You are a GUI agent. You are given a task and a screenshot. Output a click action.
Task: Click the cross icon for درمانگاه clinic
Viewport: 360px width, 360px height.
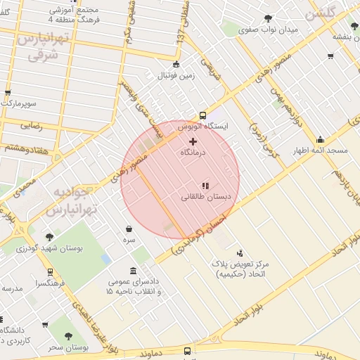193,141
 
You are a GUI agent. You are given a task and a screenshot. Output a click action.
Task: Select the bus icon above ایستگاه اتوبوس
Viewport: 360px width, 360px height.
203,115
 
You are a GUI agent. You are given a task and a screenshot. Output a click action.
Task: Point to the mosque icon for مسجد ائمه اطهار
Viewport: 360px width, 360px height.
321,139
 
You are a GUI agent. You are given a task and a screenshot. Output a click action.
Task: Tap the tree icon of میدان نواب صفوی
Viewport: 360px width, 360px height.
267,19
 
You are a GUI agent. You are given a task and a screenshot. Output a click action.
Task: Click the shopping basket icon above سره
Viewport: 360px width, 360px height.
129,229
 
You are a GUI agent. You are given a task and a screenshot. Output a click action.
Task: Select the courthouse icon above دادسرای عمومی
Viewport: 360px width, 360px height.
134,271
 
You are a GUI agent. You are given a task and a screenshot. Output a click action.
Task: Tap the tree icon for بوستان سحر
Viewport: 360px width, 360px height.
68,337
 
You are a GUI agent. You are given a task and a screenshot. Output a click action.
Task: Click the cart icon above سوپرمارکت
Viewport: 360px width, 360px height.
8,92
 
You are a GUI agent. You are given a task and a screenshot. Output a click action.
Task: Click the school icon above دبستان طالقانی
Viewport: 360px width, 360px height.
205,186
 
